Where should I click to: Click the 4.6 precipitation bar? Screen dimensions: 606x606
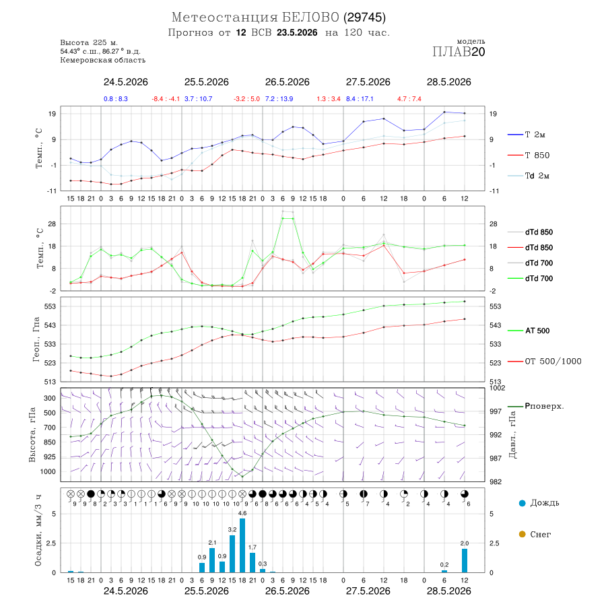click(242, 545)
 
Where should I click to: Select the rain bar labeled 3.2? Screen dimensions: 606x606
click(232, 554)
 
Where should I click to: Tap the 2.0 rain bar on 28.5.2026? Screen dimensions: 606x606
click(465, 560)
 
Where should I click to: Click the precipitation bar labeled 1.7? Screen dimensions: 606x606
click(252, 563)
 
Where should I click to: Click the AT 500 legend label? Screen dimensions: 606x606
click(537, 331)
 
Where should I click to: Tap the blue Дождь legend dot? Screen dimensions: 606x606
click(523, 503)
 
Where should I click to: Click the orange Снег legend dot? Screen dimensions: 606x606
click(523, 534)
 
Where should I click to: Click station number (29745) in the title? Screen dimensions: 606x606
click(364, 18)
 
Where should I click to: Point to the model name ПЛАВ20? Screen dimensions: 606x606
click(459, 52)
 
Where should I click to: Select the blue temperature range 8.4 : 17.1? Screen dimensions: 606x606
click(360, 99)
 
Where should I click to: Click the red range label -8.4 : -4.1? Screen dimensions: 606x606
click(166, 99)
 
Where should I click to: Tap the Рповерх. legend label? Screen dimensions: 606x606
click(545, 406)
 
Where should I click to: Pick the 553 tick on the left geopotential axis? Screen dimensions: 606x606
click(50, 306)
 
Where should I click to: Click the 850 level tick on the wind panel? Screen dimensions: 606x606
click(49, 442)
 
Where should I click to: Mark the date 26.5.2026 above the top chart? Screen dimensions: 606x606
click(287, 82)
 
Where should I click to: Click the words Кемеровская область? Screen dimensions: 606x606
click(103, 61)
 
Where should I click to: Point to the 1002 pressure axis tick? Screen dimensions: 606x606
click(497, 388)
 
